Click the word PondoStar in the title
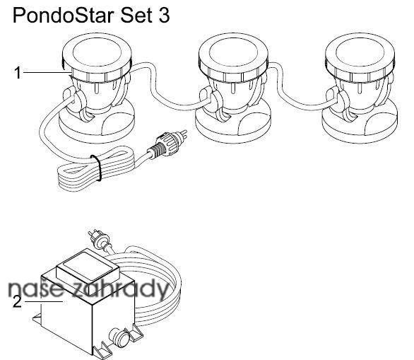(x=64, y=16)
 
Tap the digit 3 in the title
(x=164, y=16)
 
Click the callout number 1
(x=18, y=73)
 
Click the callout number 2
(x=17, y=302)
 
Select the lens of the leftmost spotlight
(x=97, y=51)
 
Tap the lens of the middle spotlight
(x=234, y=51)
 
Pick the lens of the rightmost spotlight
(x=360, y=51)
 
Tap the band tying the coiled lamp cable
(x=97, y=168)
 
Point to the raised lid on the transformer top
(x=88, y=267)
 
